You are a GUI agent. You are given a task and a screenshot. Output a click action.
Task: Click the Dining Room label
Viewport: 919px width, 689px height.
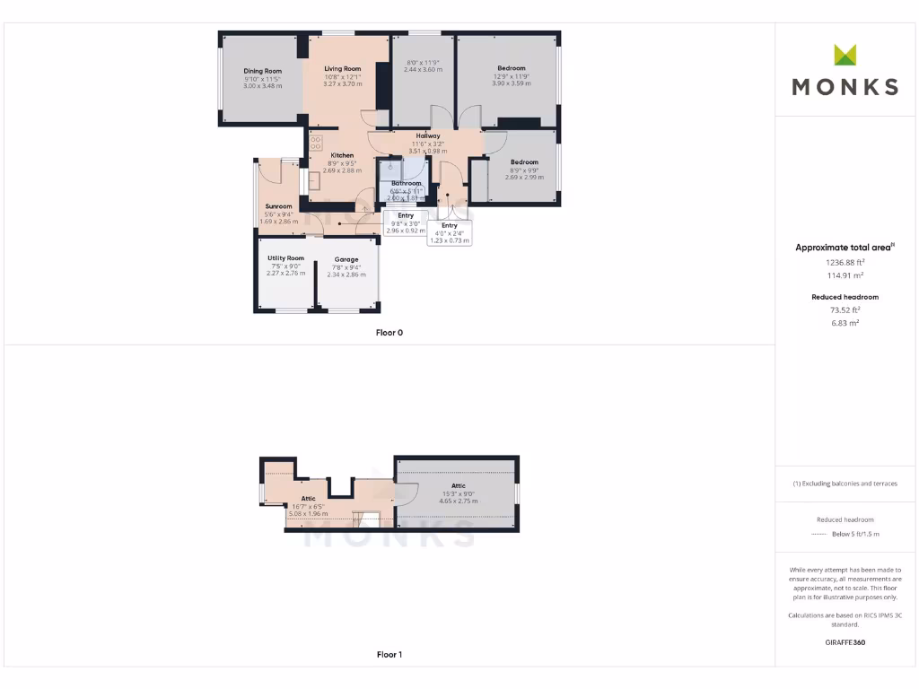(x=262, y=71)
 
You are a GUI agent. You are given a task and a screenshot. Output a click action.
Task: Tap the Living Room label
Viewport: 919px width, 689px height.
(x=342, y=69)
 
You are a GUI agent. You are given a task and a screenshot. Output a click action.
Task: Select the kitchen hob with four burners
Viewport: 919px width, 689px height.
(x=316, y=142)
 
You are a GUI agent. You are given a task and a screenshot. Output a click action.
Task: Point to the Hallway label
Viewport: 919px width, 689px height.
(x=427, y=135)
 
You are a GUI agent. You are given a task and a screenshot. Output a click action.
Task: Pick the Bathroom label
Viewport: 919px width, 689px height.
(x=406, y=183)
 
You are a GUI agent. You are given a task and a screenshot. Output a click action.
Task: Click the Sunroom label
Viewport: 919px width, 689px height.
(x=278, y=206)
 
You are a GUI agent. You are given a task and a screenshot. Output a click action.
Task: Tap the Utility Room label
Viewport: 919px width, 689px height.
(x=285, y=258)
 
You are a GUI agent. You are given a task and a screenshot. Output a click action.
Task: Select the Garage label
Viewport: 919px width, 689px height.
(x=346, y=259)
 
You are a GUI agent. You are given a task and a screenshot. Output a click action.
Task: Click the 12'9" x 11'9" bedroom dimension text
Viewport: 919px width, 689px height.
(x=512, y=76)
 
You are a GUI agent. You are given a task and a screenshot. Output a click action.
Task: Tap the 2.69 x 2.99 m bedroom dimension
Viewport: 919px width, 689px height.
(x=524, y=178)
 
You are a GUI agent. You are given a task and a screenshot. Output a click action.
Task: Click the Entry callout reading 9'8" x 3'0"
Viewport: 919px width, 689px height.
(x=406, y=223)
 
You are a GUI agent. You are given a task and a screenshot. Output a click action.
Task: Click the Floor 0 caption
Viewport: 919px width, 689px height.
(x=389, y=333)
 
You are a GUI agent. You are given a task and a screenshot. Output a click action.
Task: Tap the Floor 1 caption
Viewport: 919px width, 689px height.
(x=389, y=655)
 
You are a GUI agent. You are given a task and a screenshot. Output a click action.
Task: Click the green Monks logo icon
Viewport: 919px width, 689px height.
(x=845, y=56)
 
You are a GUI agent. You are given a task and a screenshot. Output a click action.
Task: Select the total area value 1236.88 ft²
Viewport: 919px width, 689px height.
(x=845, y=263)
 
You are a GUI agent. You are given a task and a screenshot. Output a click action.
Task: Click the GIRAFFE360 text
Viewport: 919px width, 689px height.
(x=845, y=642)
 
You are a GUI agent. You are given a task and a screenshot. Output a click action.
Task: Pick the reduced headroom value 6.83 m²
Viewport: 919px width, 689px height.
(x=845, y=322)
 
